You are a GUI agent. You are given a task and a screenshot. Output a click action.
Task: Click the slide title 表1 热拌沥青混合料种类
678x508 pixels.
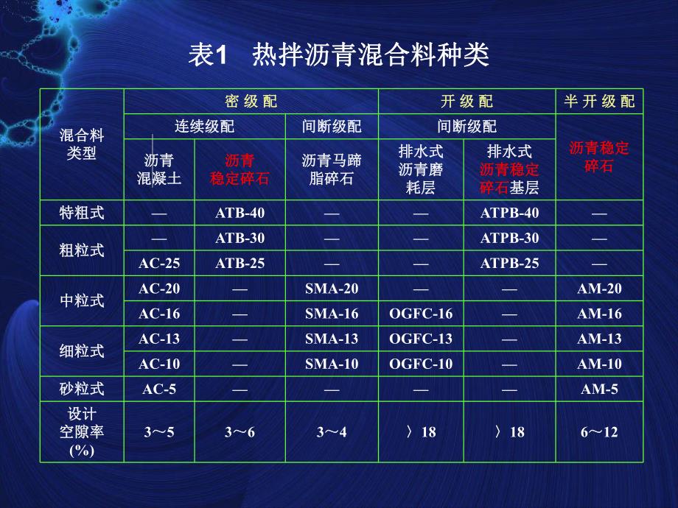[339, 56]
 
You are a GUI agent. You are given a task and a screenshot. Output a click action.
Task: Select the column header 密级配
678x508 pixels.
[251, 102]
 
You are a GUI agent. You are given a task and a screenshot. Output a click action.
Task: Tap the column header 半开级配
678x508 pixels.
[598, 102]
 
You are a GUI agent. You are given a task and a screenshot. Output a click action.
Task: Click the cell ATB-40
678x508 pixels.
[240, 214]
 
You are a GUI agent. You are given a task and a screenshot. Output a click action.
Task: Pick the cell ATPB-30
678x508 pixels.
[509, 239]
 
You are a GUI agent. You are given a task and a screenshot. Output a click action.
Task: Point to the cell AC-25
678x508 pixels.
[159, 264]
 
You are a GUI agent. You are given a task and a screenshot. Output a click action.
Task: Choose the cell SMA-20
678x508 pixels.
[332, 289]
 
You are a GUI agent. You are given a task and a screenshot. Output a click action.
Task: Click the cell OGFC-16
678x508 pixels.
[421, 314]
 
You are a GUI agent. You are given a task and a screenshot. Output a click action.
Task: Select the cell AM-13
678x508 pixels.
[599, 339]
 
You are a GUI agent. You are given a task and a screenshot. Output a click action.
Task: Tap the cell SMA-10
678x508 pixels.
[332, 364]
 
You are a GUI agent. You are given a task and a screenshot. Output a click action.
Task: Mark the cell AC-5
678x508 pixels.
[159, 389]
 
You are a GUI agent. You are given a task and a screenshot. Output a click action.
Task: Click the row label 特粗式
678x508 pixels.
[82, 214]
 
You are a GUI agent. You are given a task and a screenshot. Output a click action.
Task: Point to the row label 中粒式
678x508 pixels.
[82, 301]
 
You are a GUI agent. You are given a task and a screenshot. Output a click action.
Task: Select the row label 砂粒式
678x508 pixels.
[82, 389]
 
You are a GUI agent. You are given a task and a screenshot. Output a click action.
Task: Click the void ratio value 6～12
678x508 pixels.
[599, 432]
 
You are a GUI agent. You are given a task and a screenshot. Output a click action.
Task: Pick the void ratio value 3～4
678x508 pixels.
[332, 432]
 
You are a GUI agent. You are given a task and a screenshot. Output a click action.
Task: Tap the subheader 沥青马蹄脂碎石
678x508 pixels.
[332, 169]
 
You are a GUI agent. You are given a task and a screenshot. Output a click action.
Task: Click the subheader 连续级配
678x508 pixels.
[204, 127]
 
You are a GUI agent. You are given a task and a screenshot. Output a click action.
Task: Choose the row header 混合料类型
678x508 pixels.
[82, 144]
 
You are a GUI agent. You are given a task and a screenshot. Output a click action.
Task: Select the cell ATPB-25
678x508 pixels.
[509, 264]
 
